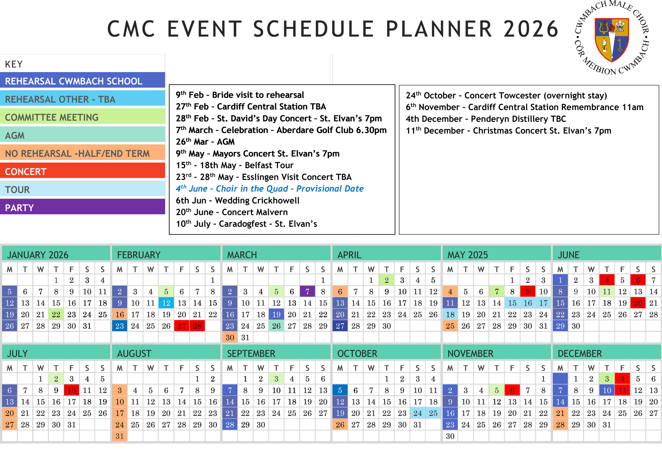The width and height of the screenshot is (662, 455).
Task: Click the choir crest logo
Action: (612, 39)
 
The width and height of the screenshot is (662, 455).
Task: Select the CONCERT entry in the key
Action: (82, 171)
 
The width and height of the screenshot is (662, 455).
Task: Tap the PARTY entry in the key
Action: (82, 207)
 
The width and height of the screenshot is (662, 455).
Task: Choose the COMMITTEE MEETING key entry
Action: (82, 117)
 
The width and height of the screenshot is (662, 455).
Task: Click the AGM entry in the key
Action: (82, 135)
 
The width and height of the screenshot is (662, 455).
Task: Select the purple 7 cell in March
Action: (307, 291)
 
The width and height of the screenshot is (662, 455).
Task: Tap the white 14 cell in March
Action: (307, 303)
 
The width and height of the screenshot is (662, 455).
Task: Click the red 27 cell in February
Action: (182, 326)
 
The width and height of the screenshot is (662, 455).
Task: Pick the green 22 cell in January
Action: (56, 314)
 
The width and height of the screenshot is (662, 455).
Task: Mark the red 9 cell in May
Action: (527, 291)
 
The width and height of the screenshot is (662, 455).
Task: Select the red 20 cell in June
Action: (638, 303)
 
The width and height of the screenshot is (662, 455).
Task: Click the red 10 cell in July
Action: (71, 390)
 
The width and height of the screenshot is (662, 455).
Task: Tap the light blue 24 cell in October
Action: (418, 413)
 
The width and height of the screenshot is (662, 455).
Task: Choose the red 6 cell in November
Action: (512, 390)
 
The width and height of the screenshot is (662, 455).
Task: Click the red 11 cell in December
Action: (622, 390)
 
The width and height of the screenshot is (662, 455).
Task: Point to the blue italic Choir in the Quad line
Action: (270, 189)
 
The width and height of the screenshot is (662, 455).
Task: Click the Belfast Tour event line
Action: (235, 165)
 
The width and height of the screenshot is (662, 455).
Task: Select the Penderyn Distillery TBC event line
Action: (486, 119)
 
